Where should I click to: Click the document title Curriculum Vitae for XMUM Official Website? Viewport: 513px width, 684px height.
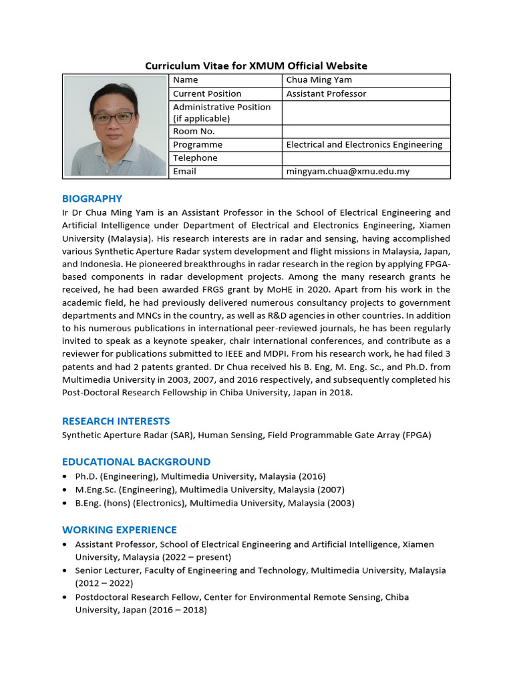pos(256,65)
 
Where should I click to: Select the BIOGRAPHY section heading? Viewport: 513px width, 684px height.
pos(92,198)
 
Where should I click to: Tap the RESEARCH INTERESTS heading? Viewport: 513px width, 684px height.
pos(116,421)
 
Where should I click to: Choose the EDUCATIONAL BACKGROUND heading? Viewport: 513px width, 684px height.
pos(136,462)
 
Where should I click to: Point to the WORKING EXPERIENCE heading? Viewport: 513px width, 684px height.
pos(120,530)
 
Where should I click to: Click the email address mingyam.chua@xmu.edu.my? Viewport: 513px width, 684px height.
pos(347,172)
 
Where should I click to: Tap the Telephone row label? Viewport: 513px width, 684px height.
pos(195,158)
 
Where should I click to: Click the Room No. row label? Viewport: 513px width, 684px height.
pos(194,132)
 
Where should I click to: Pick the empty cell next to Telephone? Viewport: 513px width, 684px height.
pos(366,158)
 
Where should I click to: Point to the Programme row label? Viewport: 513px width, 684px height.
pos(198,145)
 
